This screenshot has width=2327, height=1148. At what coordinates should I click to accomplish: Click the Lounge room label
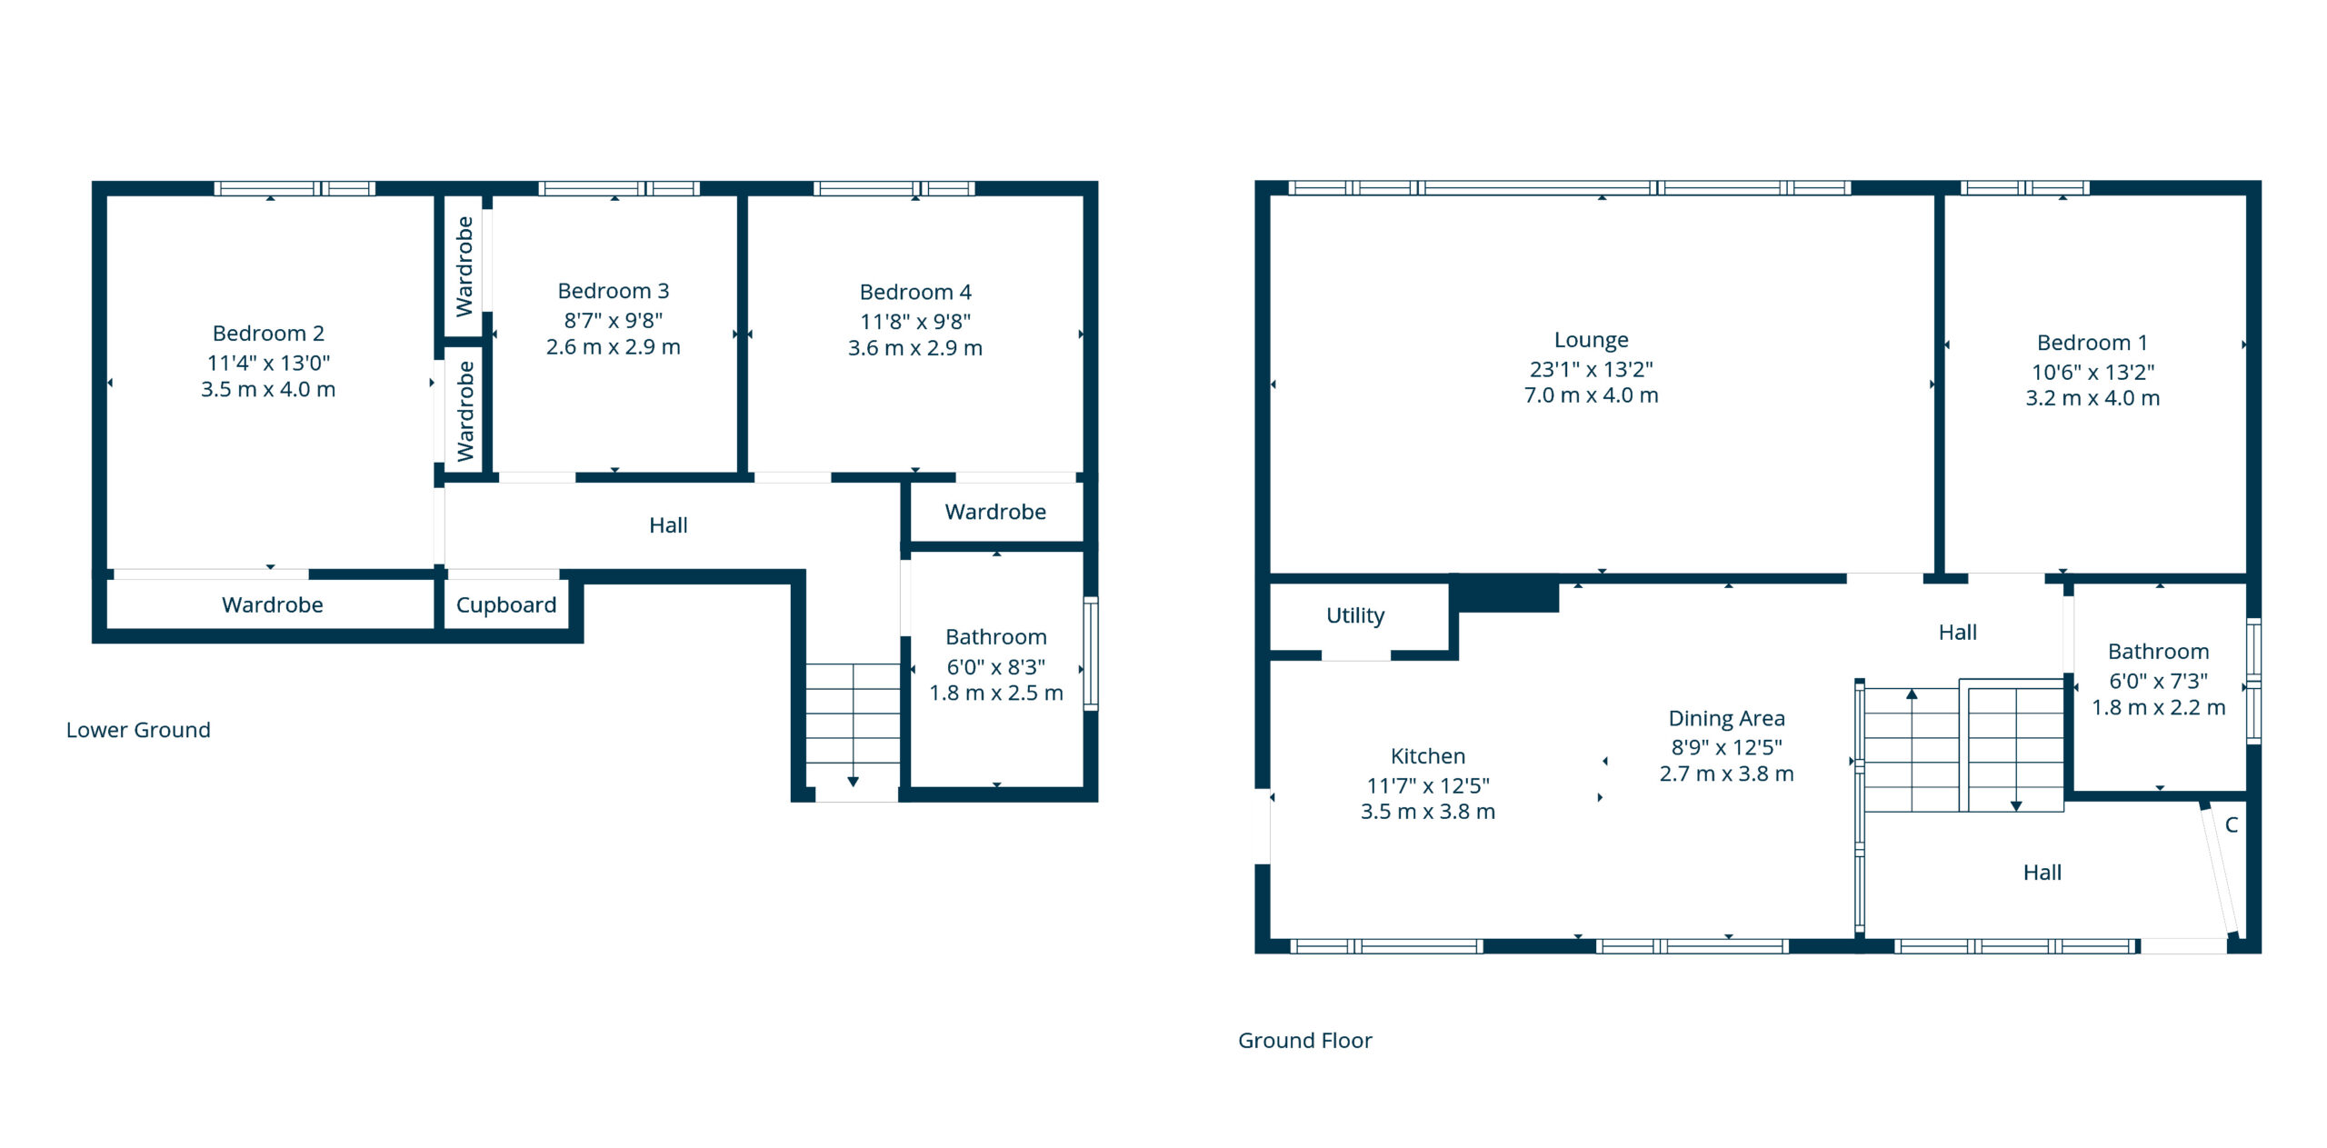point(1591,340)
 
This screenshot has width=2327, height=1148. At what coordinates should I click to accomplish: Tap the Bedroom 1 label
point(2092,343)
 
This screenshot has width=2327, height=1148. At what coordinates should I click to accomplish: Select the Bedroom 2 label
point(268,334)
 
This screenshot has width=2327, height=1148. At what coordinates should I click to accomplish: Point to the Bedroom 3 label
point(614,291)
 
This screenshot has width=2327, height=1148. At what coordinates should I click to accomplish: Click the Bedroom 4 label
point(915,292)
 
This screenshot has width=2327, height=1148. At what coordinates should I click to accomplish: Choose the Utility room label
point(1355,616)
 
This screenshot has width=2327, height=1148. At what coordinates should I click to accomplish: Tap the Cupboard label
point(506,605)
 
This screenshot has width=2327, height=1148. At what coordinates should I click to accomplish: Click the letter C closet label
point(2232,825)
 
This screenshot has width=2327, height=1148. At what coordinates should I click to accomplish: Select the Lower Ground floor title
point(138,730)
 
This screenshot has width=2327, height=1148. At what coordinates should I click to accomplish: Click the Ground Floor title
point(1305,1041)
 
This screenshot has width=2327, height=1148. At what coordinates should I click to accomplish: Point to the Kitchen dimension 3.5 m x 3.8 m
point(1428,812)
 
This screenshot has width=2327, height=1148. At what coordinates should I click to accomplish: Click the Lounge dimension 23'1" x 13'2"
point(1591,369)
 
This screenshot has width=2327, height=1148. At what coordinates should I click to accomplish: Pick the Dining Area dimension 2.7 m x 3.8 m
point(1727,774)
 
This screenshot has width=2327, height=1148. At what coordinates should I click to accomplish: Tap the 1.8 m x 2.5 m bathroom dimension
point(996,694)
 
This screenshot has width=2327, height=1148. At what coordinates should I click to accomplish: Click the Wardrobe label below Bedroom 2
point(273,605)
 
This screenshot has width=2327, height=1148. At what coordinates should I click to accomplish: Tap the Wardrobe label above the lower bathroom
point(995,513)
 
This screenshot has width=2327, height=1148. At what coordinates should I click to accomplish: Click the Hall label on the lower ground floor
point(668,525)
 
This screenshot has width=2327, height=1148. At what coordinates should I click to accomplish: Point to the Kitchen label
point(1428,756)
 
